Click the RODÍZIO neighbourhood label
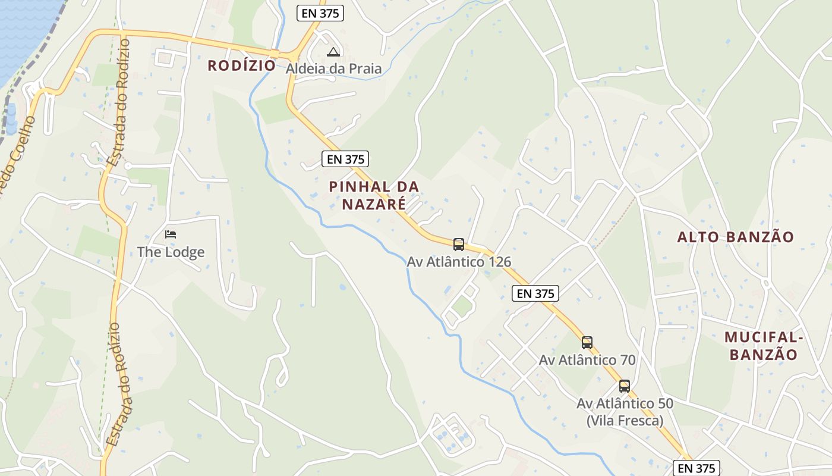(x=241, y=66)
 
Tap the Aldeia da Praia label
(x=333, y=69)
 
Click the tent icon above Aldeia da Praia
(x=333, y=52)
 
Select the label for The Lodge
(x=171, y=252)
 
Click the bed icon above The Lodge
(x=171, y=234)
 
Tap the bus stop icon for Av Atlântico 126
(x=459, y=244)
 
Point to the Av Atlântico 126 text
(x=459, y=262)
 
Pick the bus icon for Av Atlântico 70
(x=587, y=343)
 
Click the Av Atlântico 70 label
(x=587, y=360)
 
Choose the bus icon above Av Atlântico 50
(x=625, y=386)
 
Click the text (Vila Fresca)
(x=625, y=421)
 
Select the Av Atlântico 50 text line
(x=625, y=403)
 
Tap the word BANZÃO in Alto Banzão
(x=760, y=237)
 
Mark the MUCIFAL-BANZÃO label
(x=764, y=346)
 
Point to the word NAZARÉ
(x=374, y=204)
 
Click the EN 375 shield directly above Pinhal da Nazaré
(x=345, y=159)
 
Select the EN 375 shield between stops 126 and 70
(x=535, y=293)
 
